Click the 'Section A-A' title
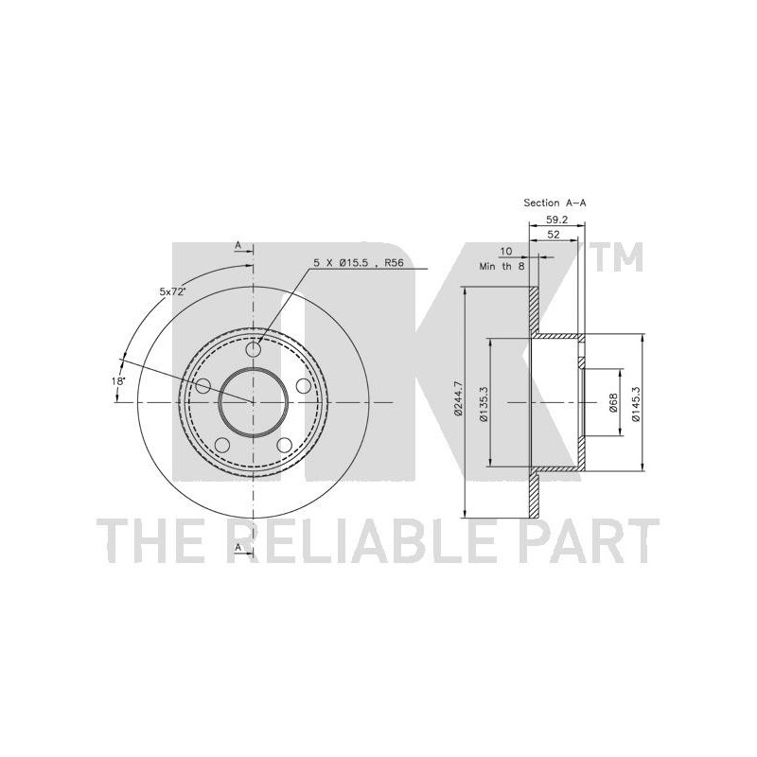pos(555,203)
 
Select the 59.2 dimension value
pos(556,220)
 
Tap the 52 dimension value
pos(554,235)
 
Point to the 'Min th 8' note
pos(502,266)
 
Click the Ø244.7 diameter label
pos(458,397)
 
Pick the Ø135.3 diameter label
pos(484,404)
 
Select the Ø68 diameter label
pos(613,403)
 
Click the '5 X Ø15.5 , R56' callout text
pos(359,263)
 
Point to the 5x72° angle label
pos(173,291)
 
